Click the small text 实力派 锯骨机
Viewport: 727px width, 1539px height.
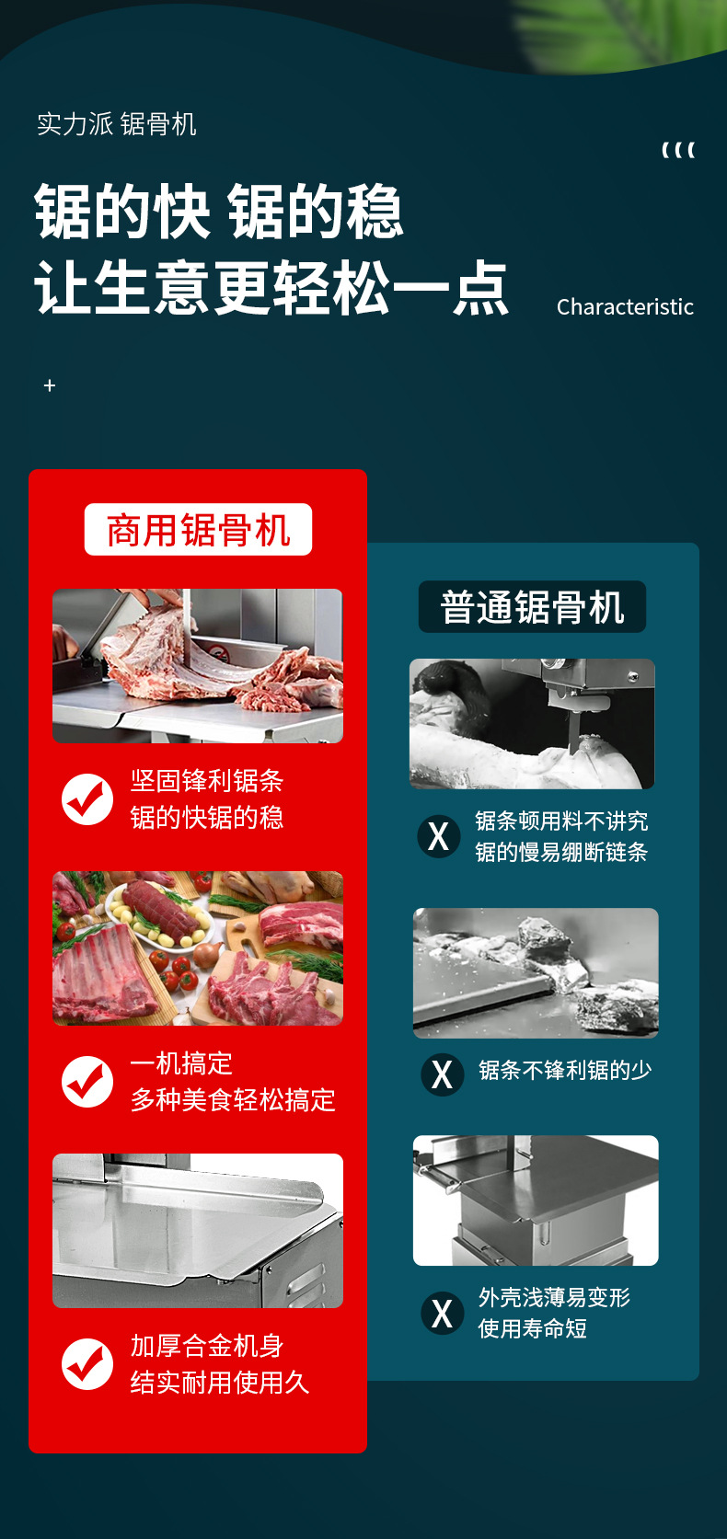point(117,124)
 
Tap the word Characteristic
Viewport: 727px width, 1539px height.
point(625,307)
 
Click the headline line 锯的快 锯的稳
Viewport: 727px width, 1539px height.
point(219,212)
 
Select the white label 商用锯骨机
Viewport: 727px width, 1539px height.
point(198,530)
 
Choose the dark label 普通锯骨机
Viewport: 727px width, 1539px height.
point(532,607)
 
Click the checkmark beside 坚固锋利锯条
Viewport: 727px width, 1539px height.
point(87,798)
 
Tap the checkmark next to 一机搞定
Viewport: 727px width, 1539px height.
point(87,1081)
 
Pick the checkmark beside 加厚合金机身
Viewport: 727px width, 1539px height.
point(87,1363)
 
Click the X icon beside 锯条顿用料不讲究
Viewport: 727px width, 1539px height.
point(439,836)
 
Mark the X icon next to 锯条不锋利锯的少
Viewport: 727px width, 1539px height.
point(443,1074)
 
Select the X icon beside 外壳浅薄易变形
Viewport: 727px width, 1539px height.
point(443,1313)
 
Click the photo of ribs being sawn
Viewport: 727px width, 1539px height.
point(198,665)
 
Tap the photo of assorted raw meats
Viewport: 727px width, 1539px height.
point(198,948)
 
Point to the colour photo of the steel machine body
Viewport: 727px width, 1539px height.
point(198,1231)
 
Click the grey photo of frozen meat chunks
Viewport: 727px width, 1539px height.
point(536,973)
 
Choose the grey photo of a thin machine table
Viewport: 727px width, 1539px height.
point(536,1200)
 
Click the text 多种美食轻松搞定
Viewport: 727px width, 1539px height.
point(233,1100)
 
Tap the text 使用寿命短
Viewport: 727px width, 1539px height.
point(533,1328)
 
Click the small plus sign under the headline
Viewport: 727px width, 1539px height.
point(50,385)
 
